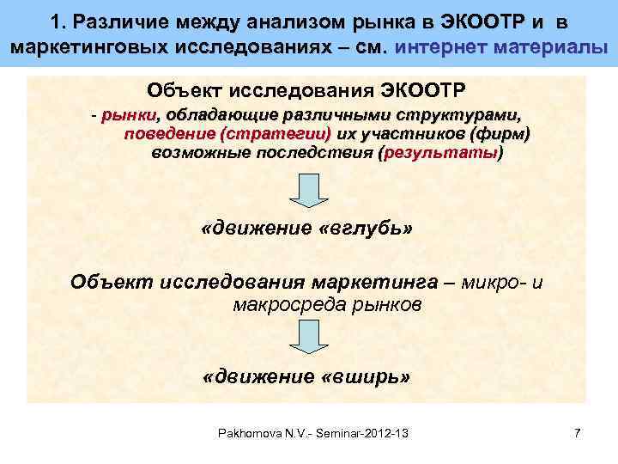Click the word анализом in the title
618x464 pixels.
tap(296, 21)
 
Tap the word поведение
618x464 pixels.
tap(168, 134)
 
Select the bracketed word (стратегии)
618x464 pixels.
tap(276, 134)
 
